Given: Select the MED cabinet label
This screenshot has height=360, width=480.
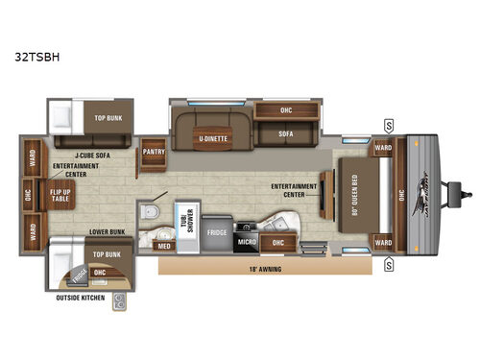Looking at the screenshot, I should (x=164, y=245).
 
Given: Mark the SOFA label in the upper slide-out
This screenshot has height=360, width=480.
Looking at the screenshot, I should (x=286, y=135).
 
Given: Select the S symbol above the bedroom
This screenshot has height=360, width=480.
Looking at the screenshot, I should (x=388, y=125).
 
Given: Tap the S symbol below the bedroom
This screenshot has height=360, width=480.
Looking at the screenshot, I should (x=388, y=264).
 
